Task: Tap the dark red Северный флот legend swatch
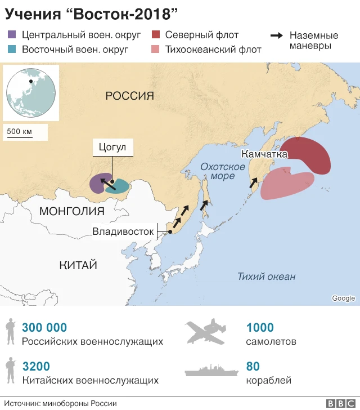click(156, 35)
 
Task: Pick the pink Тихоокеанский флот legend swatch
click(156, 49)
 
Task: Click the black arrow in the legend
click(277, 36)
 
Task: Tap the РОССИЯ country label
click(129, 96)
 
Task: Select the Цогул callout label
click(112, 148)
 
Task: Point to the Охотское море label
click(223, 171)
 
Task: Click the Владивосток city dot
click(169, 232)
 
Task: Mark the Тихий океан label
click(266, 276)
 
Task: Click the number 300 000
click(44, 328)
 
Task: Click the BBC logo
click(339, 403)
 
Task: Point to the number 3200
click(36, 367)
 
